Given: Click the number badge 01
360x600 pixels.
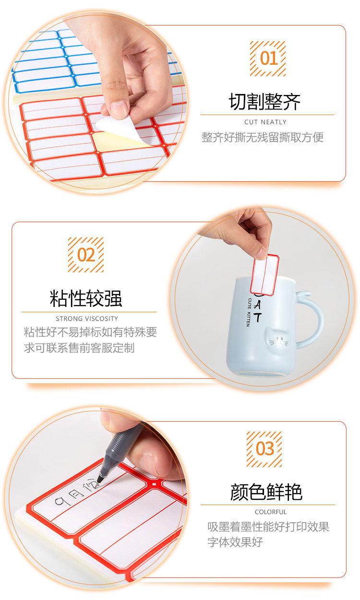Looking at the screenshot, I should tap(267, 59).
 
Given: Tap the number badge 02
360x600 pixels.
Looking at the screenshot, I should tap(85, 255).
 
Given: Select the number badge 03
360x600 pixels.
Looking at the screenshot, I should tap(264, 449).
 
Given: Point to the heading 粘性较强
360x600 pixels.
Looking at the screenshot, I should tap(86, 298).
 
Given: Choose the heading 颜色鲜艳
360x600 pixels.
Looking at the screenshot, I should tap(266, 492).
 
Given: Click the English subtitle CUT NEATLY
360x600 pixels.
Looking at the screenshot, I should tap(265, 122).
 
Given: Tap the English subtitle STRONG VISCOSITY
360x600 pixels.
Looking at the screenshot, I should tap(87, 318).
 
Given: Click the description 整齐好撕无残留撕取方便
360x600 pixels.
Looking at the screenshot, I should tap(263, 138).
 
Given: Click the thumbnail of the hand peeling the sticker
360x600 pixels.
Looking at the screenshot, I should tap(96, 103).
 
